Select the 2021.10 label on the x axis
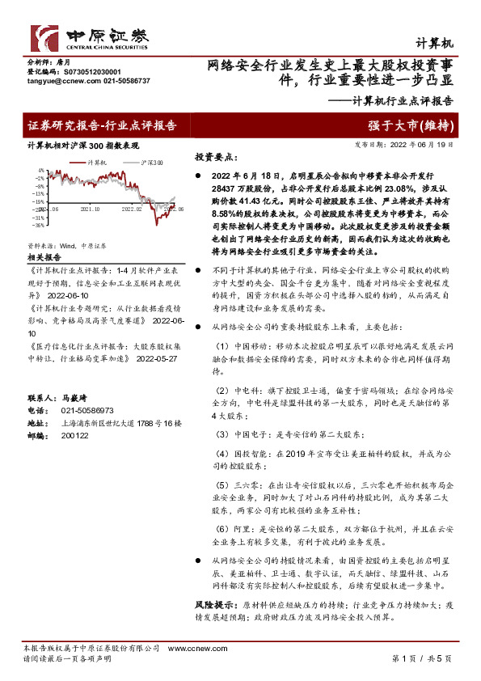tap(91, 209)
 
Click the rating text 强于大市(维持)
tap(421, 125)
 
